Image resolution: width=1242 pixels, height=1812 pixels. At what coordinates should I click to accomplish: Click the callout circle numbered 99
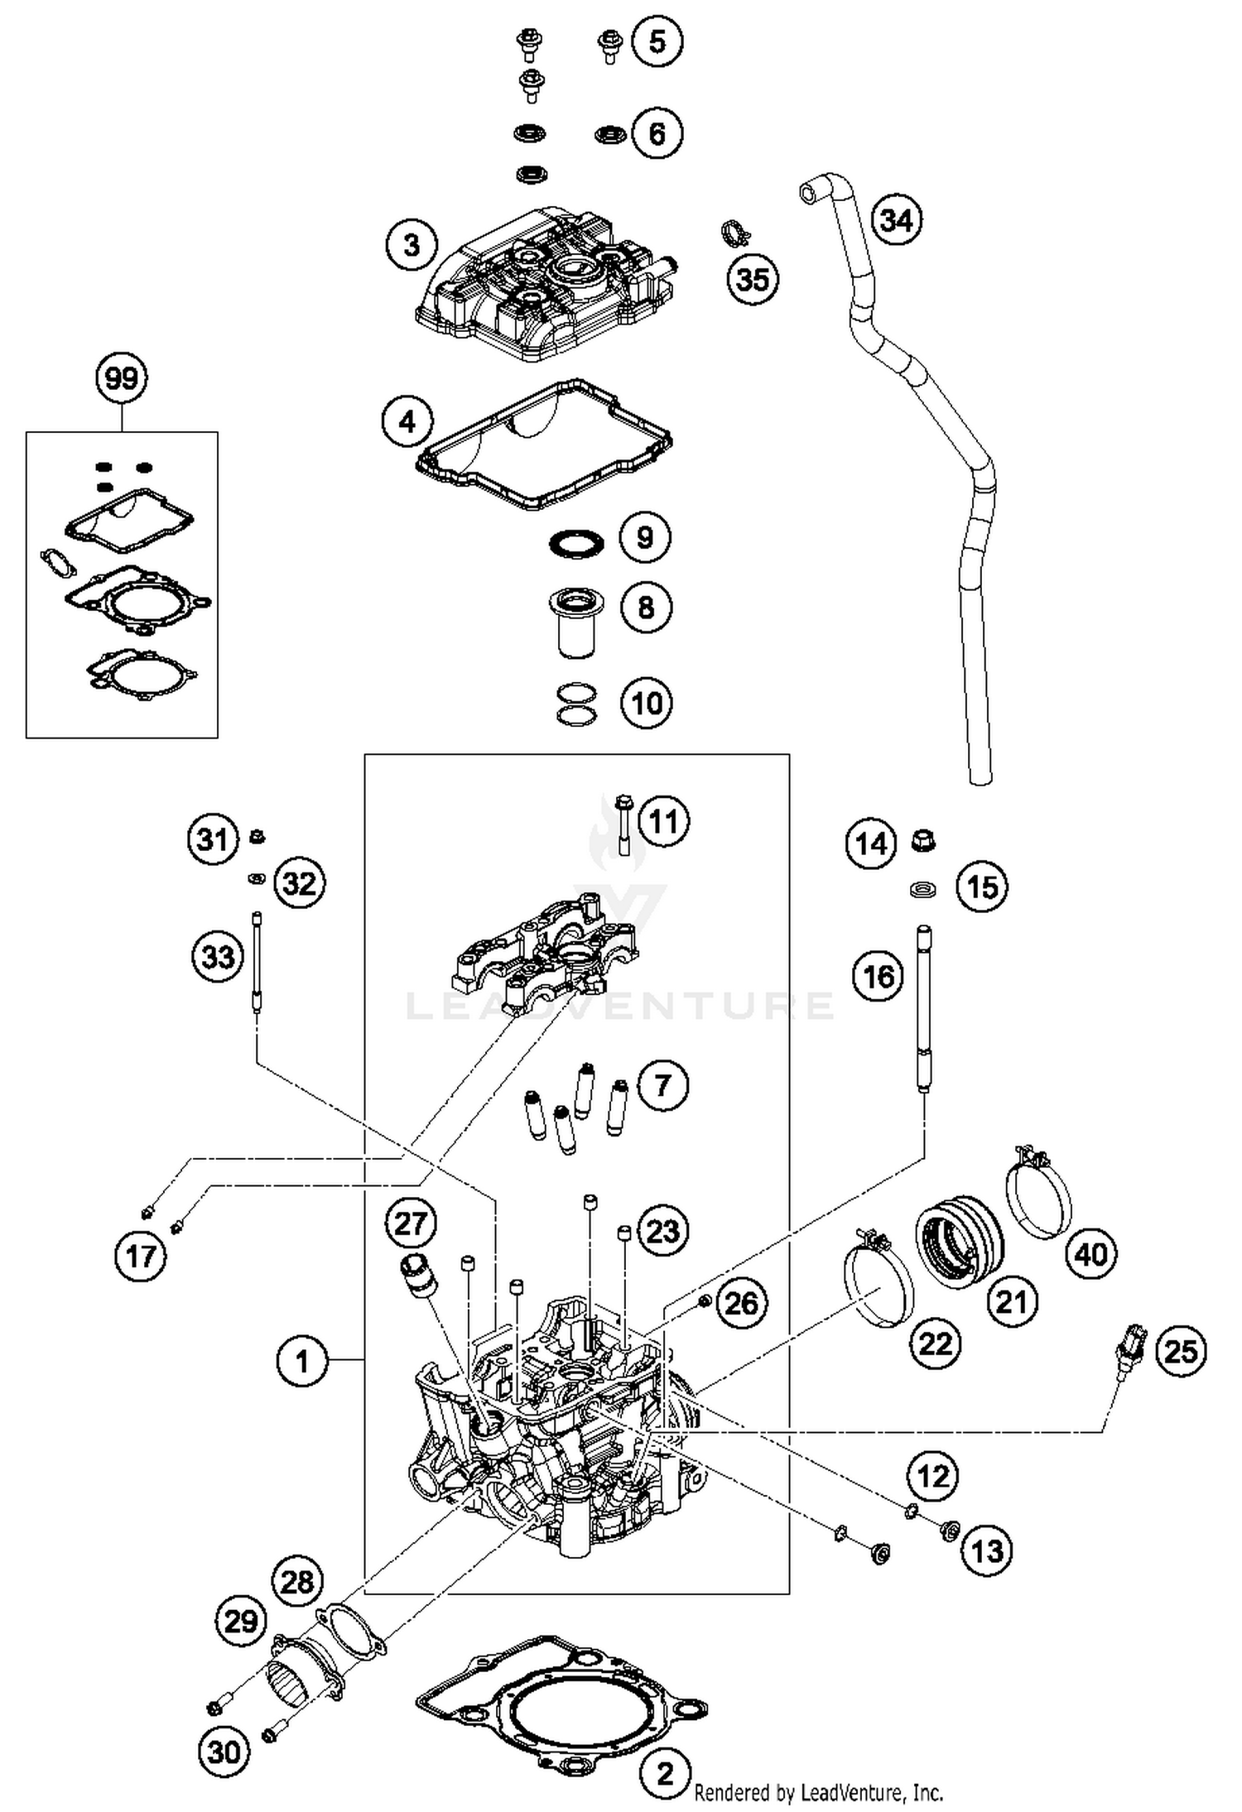[122, 379]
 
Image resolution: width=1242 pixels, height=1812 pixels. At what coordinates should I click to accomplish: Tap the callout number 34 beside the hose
[897, 220]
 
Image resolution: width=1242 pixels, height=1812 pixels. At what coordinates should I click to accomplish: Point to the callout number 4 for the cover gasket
[407, 421]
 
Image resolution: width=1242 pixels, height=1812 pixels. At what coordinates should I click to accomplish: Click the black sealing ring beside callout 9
[576, 544]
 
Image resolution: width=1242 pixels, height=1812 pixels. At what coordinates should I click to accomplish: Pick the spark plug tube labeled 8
[578, 622]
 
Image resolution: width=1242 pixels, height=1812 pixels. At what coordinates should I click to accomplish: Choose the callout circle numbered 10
[647, 704]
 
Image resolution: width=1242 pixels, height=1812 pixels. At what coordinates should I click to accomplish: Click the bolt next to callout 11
[623, 824]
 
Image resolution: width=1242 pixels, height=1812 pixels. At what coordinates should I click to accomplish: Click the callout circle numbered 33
[218, 957]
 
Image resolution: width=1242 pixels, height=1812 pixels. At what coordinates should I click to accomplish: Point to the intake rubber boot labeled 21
[960, 1239]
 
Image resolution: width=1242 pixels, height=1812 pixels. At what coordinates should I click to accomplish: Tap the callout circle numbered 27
[411, 1223]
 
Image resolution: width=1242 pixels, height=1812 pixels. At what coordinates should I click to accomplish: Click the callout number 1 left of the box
[301, 1361]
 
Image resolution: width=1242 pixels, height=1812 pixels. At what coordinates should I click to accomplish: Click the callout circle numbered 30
[224, 1752]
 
